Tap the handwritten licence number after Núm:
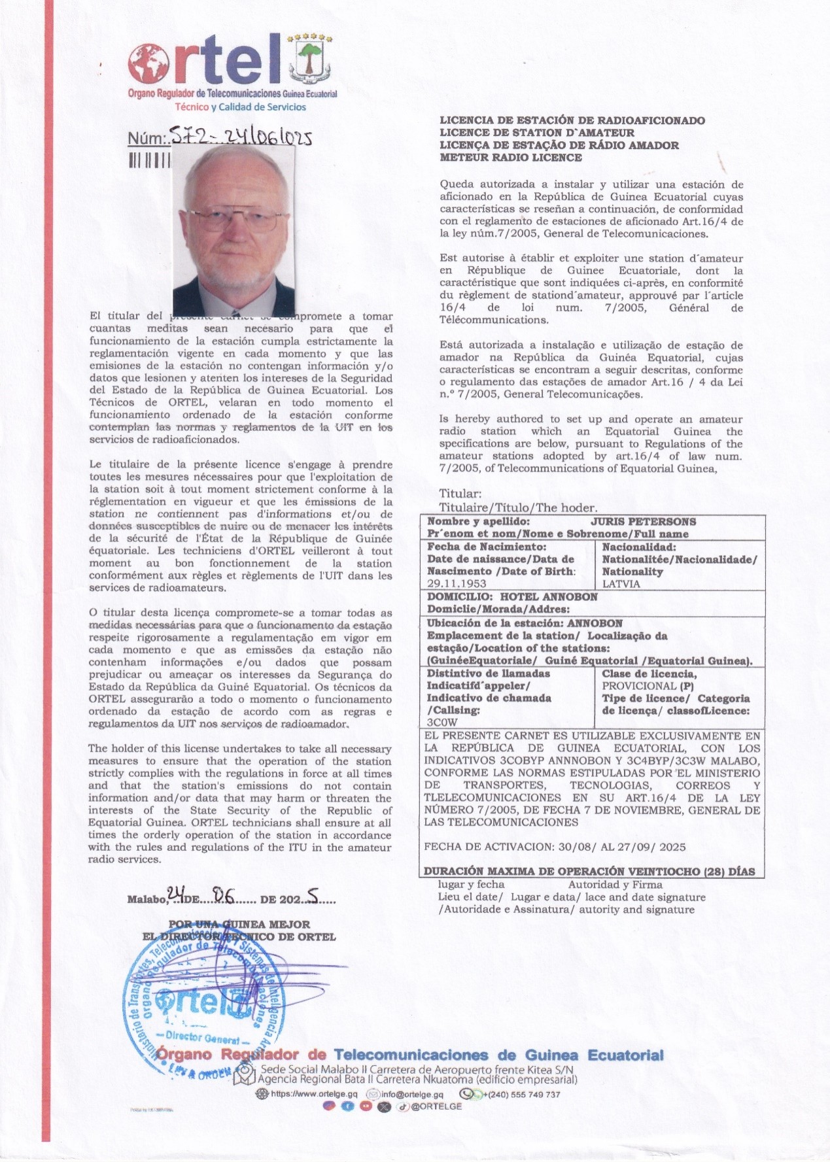[239, 137]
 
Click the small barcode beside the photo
[149, 160]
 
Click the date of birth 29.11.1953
[457, 584]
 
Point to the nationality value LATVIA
[621, 584]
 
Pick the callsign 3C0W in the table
[442, 723]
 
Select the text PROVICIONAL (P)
[648, 686]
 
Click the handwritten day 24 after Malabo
[177, 894]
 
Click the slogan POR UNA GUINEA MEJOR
[239, 925]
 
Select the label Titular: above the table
[460, 494]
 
